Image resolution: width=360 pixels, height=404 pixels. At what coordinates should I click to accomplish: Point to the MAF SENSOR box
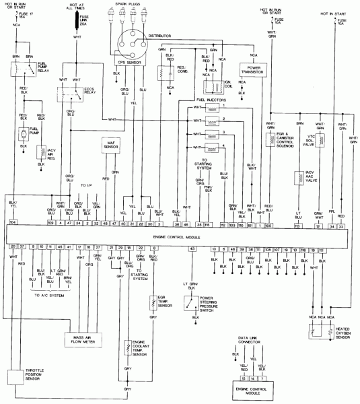pyautogui.click(x=110, y=145)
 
